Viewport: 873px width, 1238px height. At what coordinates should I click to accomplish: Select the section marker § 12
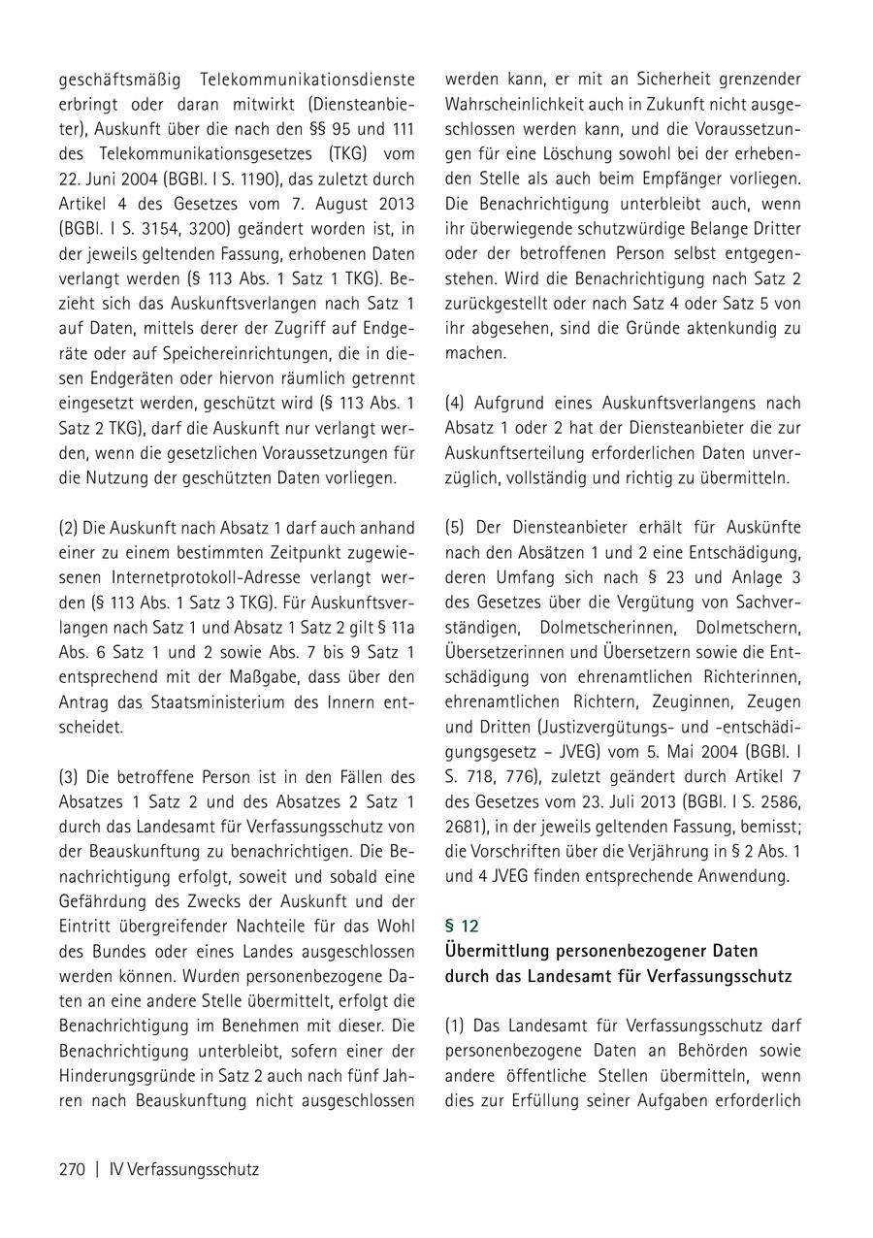pyautogui.click(x=462, y=926)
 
